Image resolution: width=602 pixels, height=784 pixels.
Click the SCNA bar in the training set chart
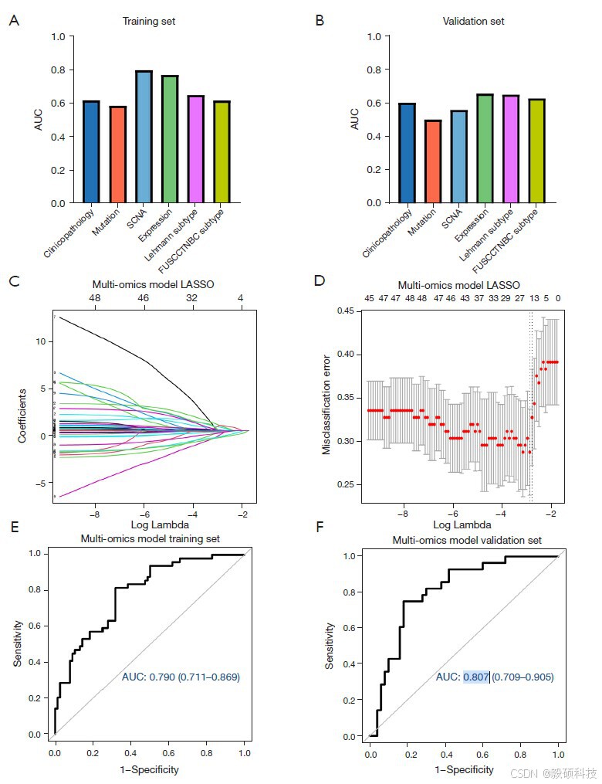(x=144, y=137)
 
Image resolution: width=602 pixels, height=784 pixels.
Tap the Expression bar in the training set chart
(x=170, y=139)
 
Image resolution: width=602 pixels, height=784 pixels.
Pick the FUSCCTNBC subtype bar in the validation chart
(x=537, y=151)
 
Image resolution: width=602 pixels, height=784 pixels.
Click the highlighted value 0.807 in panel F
(x=475, y=677)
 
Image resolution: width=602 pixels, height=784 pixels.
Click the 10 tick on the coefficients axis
(x=40, y=341)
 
